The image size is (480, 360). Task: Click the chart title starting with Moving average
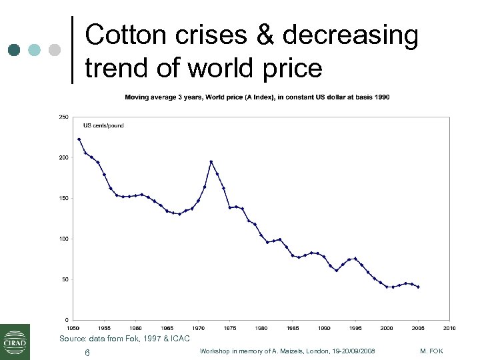click(257, 97)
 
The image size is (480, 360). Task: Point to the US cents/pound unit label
click(103, 125)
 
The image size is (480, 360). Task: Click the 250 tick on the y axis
click(64, 117)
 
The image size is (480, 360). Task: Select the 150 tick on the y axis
click(64, 198)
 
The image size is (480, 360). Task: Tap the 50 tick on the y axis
click(65, 279)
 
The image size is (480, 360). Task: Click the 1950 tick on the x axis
click(73, 328)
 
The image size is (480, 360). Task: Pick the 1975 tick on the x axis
click(230, 328)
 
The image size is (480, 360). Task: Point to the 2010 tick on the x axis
click(449, 328)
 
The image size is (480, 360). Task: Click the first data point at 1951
click(79, 139)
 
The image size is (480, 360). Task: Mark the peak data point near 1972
click(211, 161)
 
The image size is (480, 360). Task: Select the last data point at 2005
click(418, 287)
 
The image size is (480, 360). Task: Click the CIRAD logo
click(15, 341)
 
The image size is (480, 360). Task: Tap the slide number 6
click(87, 352)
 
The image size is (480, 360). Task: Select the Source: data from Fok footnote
click(125, 339)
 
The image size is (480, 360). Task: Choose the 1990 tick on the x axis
click(324, 328)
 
